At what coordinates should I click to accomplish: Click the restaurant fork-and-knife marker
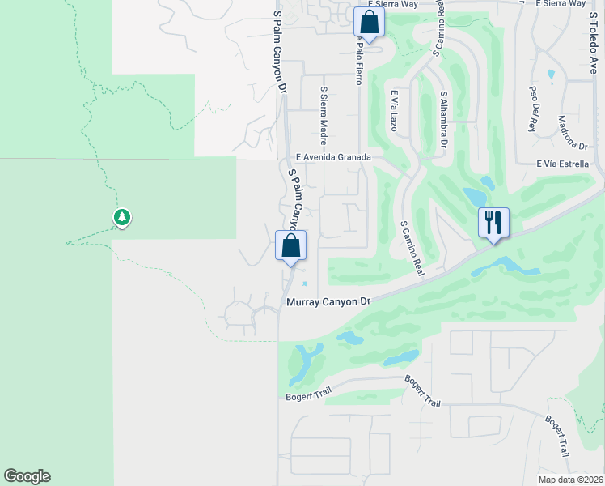493,222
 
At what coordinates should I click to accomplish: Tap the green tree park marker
122,217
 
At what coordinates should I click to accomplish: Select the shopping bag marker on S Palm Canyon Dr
291,245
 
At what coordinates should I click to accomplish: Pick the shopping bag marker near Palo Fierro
369,22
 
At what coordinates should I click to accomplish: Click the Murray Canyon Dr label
328,302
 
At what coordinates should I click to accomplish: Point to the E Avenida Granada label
333,157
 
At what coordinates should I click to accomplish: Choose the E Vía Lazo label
395,111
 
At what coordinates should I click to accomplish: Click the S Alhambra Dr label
443,119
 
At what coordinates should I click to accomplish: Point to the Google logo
27,476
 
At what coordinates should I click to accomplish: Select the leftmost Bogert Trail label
309,395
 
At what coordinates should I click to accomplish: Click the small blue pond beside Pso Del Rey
551,76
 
